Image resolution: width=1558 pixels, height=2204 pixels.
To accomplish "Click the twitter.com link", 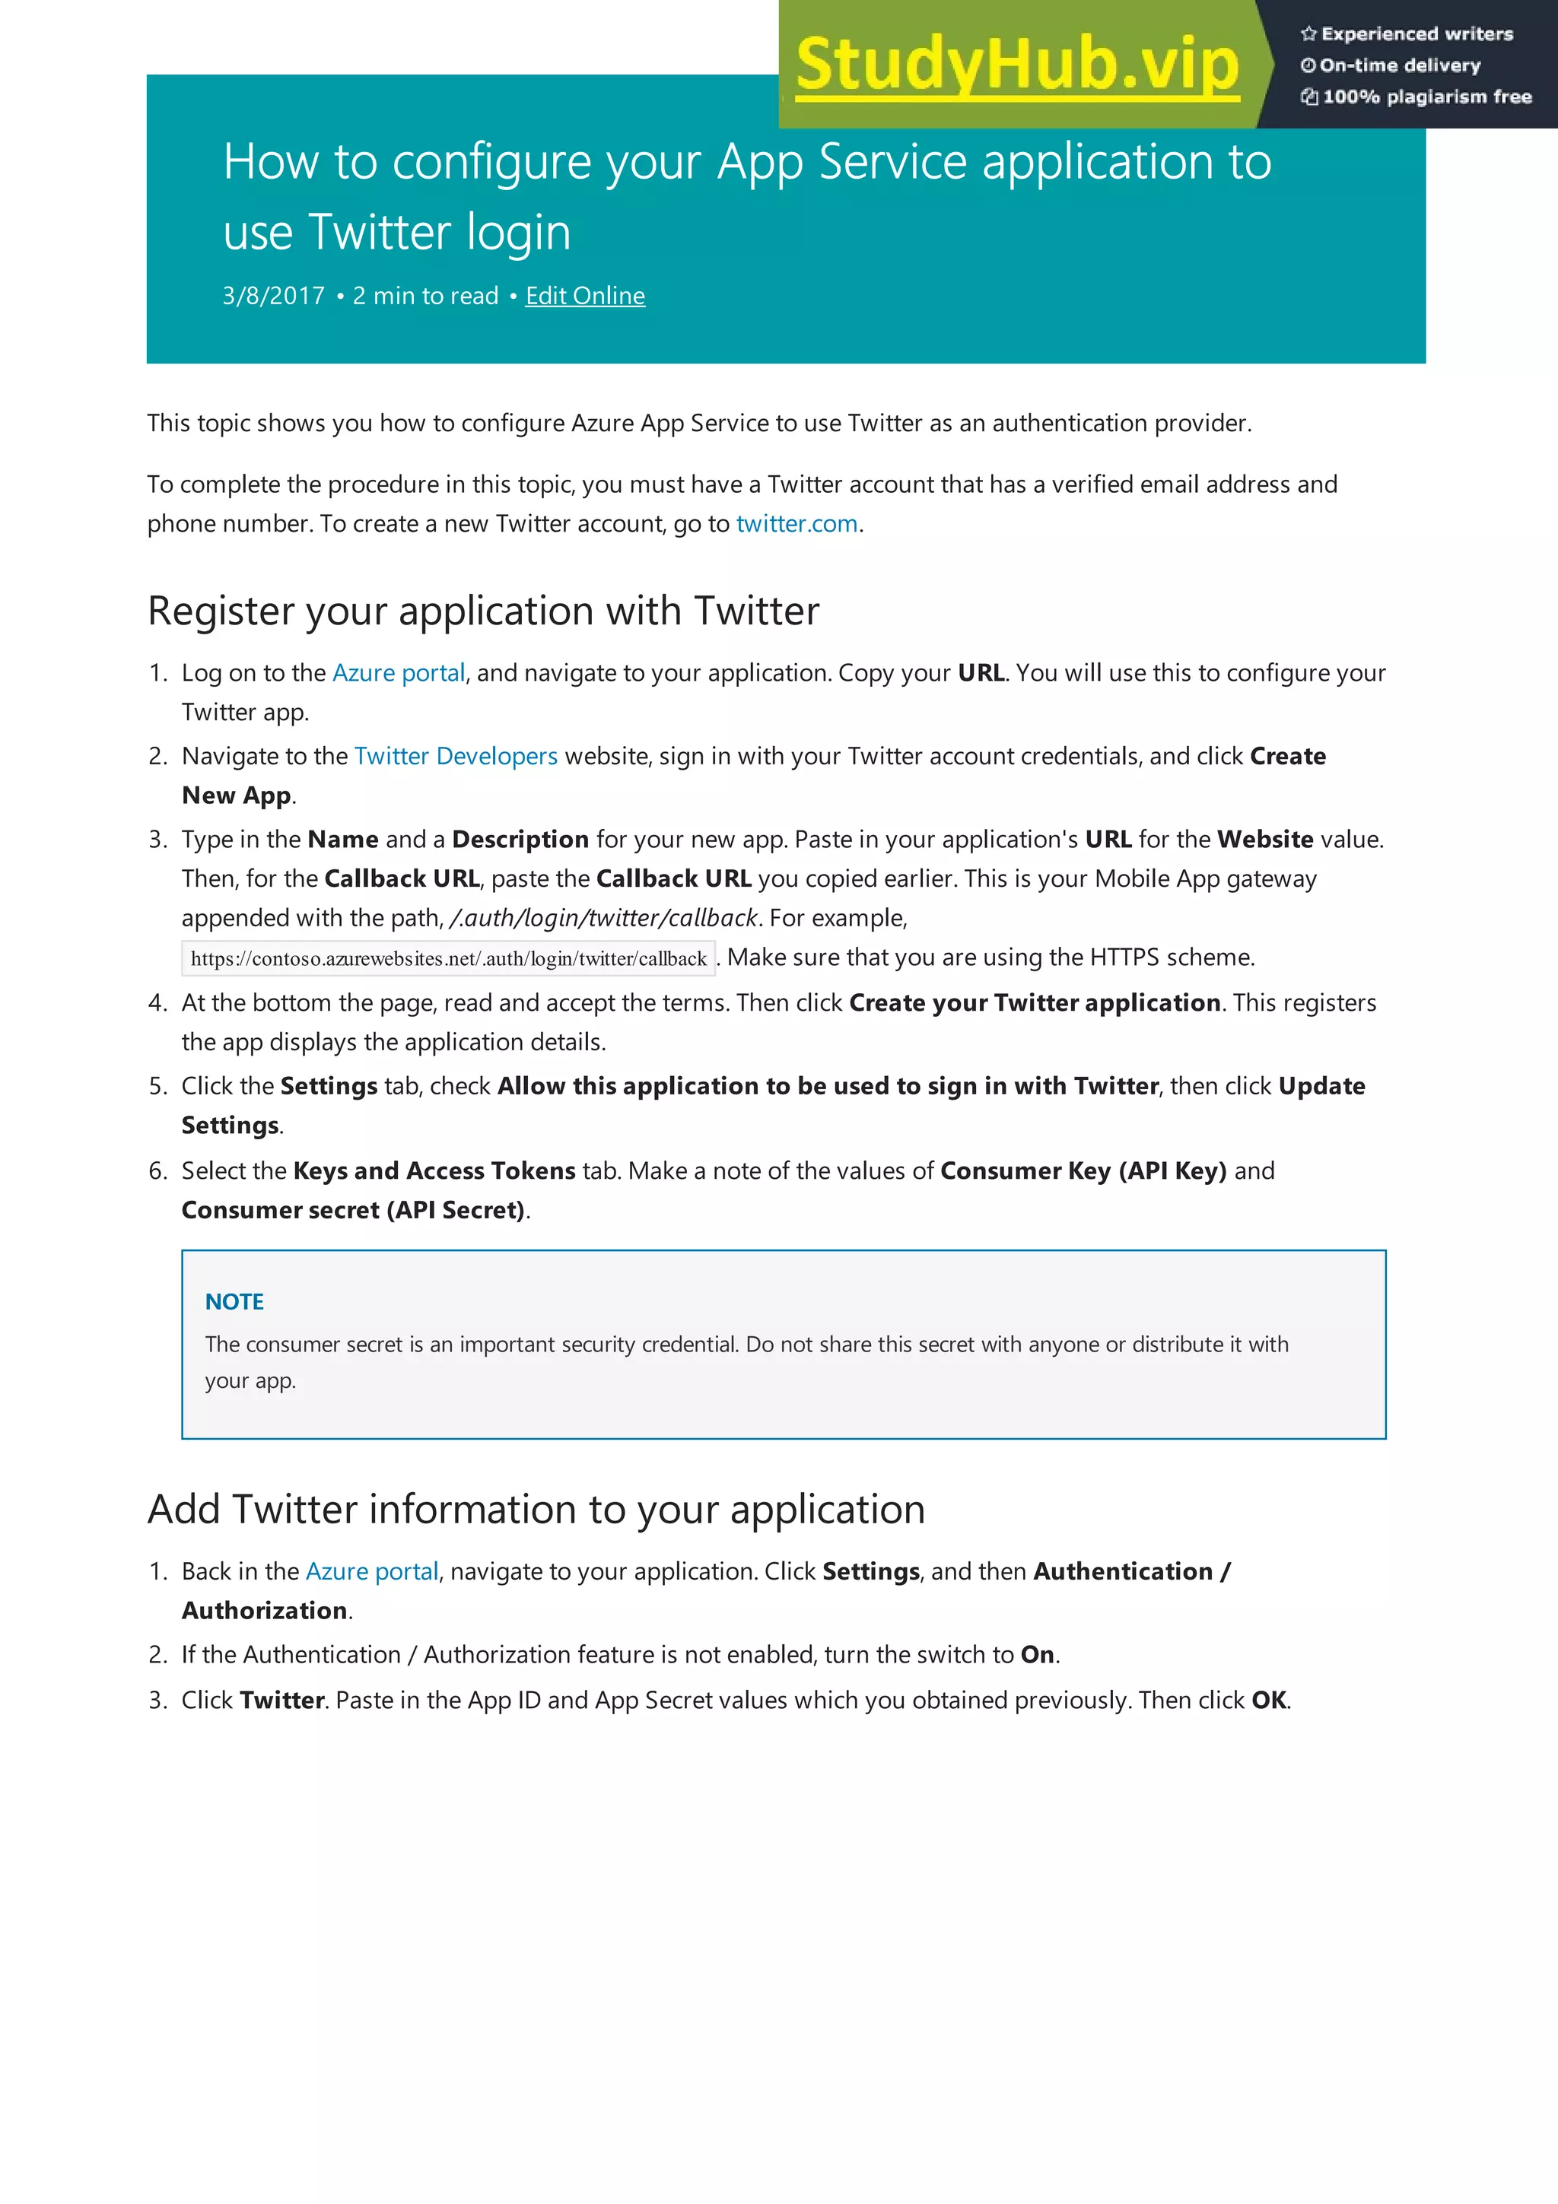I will pyautogui.click(x=796, y=524).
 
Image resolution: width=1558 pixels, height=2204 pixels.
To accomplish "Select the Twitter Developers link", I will pyautogui.click(x=456, y=757).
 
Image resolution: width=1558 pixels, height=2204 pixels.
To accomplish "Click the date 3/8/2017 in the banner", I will pyautogui.click(x=274, y=296).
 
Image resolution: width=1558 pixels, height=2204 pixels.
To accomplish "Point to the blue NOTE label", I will pyautogui.click(x=234, y=1302).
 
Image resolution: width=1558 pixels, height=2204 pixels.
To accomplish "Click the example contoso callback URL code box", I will pyautogui.click(x=448, y=959).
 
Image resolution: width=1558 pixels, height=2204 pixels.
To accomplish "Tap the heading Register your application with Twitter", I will pyautogui.click(x=484, y=611).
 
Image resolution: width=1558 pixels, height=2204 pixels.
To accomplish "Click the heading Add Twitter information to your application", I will pyautogui.click(x=536, y=1510).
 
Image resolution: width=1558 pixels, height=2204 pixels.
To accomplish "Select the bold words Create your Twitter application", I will pyautogui.click(x=1035, y=1003).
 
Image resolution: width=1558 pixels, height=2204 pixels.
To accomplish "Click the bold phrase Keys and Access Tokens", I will pyautogui.click(x=434, y=1171).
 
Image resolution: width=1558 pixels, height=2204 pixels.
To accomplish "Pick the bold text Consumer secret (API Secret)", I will pyautogui.click(x=353, y=1211).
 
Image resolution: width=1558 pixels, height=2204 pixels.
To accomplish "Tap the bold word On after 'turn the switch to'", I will pyautogui.click(x=1037, y=1655).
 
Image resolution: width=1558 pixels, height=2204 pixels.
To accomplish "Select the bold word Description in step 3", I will pyautogui.click(x=520, y=840).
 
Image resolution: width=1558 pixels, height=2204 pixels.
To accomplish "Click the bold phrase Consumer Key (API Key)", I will pyautogui.click(x=1083, y=1171).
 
